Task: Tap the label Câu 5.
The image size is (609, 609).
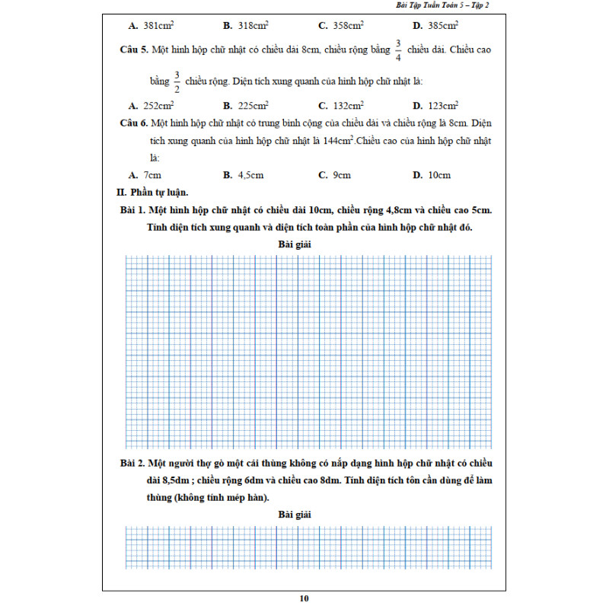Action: coord(133,49)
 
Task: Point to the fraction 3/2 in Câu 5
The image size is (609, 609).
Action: coord(176,80)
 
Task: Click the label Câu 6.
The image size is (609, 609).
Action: coord(133,123)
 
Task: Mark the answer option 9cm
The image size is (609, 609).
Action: coord(342,175)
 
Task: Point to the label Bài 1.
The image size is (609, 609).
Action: coord(133,209)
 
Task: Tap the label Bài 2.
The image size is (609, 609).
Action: coord(133,464)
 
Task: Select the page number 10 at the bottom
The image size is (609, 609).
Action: coord(304,598)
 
